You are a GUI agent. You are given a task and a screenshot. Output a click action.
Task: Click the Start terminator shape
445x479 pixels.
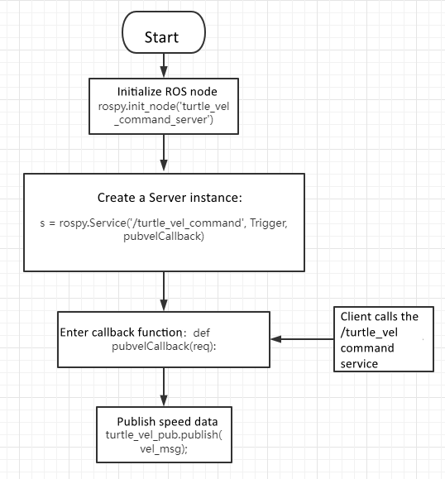coord(162,36)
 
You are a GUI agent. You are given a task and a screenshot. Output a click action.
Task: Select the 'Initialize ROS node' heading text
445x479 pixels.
coord(165,91)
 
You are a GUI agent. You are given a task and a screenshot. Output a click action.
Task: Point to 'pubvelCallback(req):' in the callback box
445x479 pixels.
coord(164,346)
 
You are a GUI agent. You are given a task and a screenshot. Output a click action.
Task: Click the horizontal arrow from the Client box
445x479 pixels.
coord(302,338)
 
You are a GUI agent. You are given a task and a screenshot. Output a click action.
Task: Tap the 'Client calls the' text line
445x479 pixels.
coord(380,317)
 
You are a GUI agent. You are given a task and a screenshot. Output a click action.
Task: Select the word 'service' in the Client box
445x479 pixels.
coord(359,363)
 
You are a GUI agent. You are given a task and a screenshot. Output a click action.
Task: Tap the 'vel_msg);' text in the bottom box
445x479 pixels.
coord(165,448)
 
